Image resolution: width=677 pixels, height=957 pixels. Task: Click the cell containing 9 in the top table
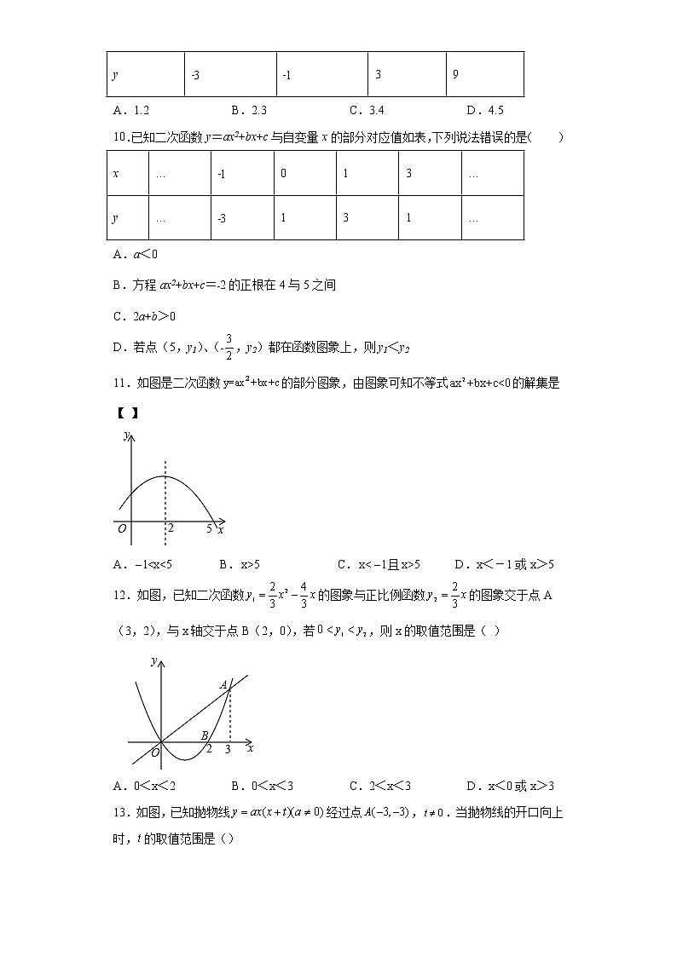484,74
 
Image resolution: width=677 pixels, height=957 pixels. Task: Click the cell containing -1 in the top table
321,74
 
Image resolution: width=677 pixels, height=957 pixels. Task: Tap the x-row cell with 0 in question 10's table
304,173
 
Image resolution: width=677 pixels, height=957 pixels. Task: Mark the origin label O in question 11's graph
123,529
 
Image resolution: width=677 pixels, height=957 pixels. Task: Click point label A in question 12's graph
223,684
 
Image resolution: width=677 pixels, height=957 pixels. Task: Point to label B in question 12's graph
204,735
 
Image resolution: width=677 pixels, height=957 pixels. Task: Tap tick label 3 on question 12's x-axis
227,750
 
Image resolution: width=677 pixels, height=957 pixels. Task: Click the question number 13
119,812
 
